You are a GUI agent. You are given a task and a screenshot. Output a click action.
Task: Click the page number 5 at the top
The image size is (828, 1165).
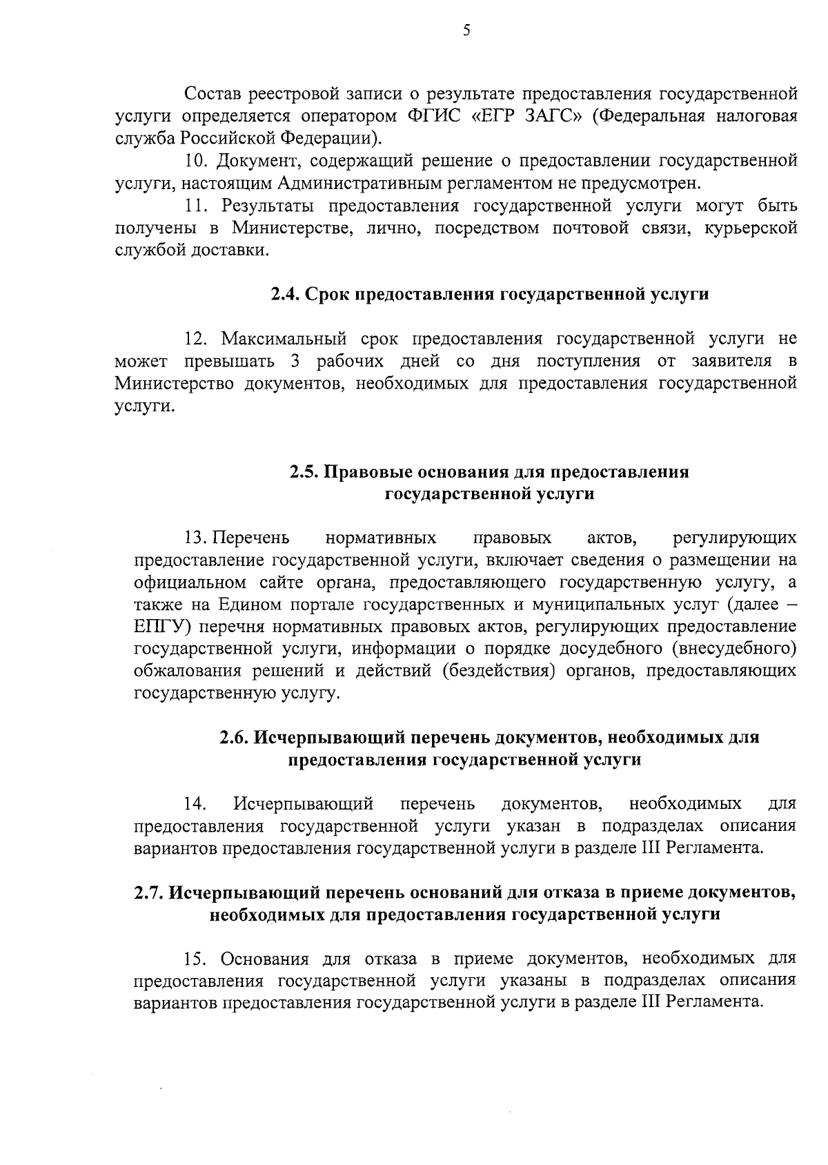466,31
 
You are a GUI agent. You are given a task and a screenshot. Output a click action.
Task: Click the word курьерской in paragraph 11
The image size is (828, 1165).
751,228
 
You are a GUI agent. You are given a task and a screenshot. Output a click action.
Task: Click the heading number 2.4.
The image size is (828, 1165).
284,295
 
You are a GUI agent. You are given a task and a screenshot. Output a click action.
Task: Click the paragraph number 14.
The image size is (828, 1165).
195,804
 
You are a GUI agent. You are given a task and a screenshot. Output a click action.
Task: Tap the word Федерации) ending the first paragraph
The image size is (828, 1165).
331,137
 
